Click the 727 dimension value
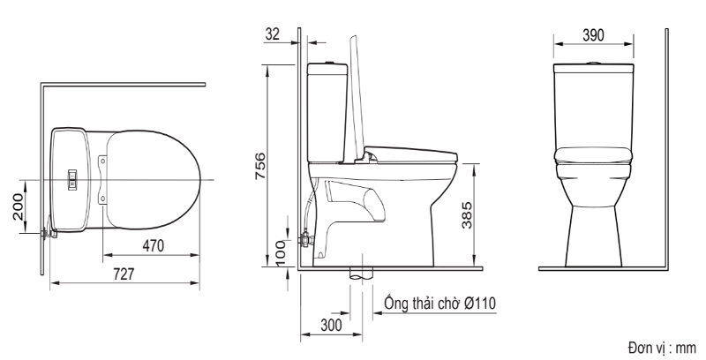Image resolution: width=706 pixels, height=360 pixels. [124, 274]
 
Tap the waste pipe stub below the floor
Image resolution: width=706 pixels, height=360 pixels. [360, 273]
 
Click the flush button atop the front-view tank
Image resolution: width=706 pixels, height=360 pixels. [593, 64]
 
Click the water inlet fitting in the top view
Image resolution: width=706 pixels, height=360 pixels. [48, 234]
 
